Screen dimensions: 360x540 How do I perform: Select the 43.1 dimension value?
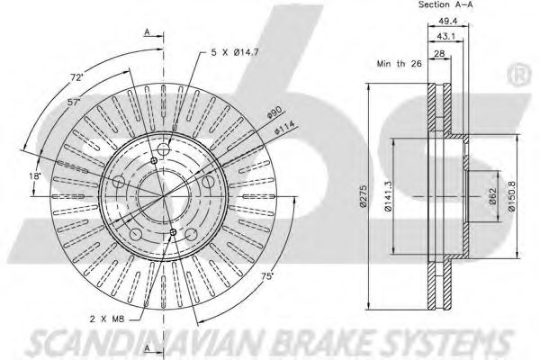[x=446, y=37]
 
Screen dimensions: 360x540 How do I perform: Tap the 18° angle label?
[x=35, y=176]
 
